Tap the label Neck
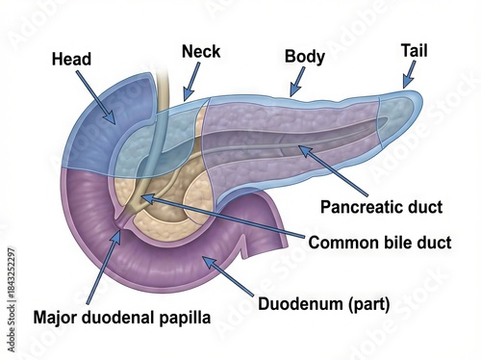[x=200, y=49]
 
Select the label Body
[x=304, y=56]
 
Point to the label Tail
[x=415, y=49]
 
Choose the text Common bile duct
[x=380, y=242]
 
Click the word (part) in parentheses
[x=370, y=306]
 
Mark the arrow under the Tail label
[x=408, y=74]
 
